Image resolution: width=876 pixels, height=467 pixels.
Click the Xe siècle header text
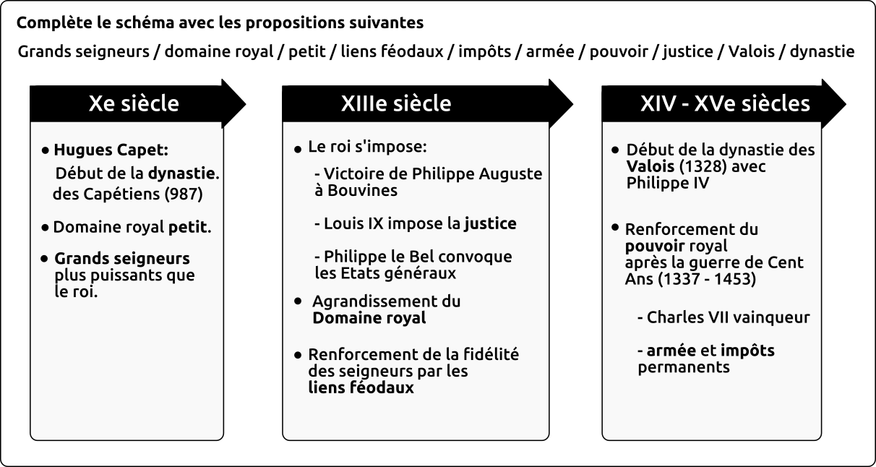pos(134,103)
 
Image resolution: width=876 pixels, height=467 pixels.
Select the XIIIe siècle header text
pos(396,103)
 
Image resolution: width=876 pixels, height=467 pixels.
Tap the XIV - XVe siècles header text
pos(725,103)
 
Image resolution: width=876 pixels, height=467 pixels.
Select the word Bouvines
pos(362,190)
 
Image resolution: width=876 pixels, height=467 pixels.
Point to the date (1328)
pos(703,167)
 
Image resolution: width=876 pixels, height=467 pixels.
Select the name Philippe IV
pos(668,183)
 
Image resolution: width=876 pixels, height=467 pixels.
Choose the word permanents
pos(684,367)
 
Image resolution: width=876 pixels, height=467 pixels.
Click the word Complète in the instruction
pos(54,22)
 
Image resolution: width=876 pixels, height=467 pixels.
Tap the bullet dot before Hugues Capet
pos(46,150)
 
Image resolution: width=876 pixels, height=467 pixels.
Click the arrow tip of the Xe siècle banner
pos(246,104)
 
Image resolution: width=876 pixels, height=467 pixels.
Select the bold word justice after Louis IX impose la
pos(491,223)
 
